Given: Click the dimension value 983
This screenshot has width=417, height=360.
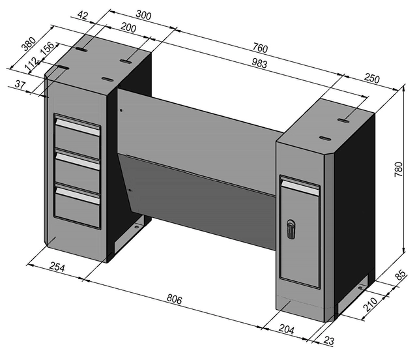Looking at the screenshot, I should pos(265,63).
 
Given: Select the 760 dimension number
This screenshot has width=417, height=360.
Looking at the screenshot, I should pos(260,49).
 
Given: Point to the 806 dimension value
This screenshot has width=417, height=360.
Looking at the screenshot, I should pos(174,299).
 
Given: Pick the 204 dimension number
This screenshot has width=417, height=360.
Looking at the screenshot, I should pos(286,331).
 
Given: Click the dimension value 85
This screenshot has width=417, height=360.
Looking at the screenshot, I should pos(402,277).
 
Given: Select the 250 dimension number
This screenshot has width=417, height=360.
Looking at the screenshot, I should pos(371,78).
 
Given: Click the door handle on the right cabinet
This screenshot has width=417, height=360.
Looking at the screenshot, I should pos(291,229).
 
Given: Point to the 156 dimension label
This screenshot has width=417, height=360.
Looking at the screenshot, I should pos(48,50).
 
